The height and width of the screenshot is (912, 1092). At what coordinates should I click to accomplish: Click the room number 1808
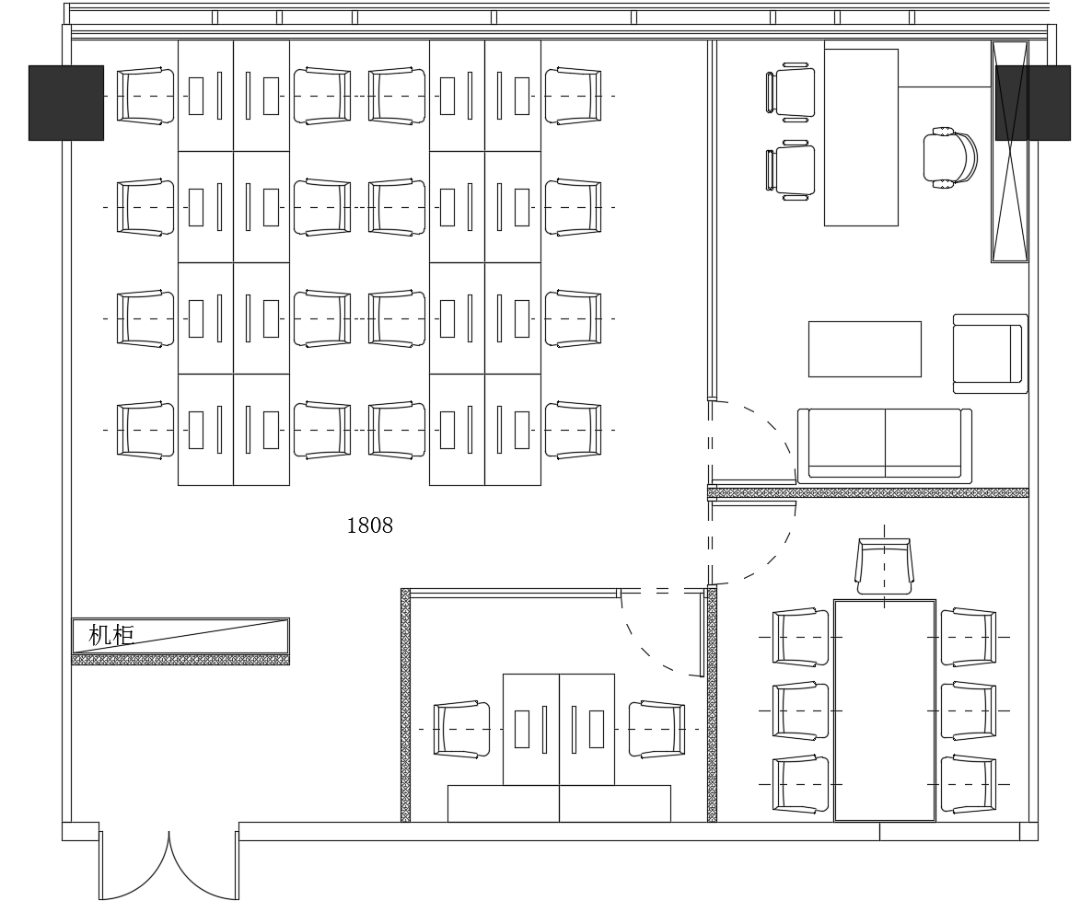coord(369,525)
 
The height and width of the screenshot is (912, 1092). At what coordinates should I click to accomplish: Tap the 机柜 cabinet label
coord(111,634)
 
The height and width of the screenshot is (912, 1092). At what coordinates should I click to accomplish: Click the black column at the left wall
coord(66,103)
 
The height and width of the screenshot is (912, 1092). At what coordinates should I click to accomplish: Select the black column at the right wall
coord(1033,103)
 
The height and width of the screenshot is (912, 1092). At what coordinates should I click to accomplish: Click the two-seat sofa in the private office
coord(885,445)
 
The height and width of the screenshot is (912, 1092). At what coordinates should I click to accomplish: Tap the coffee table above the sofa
coord(865,349)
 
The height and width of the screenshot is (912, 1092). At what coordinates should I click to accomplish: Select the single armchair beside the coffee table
coord(991,353)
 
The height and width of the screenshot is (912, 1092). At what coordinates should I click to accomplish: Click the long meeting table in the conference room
coord(885,710)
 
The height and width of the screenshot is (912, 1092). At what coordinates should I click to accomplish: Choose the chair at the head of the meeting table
coord(885,566)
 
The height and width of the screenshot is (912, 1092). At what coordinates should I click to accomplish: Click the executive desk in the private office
coord(862,137)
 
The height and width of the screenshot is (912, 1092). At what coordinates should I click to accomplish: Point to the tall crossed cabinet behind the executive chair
coord(1010,152)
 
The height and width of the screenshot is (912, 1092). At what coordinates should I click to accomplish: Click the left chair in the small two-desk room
coord(461,729)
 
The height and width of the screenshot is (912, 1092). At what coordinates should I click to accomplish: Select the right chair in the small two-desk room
coord(656,729)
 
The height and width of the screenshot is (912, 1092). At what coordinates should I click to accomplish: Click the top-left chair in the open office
coord(145,96)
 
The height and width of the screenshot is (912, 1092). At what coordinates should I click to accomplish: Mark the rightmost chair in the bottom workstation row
coord(573,431)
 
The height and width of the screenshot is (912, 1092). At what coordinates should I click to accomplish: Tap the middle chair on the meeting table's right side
coord(969,710)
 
